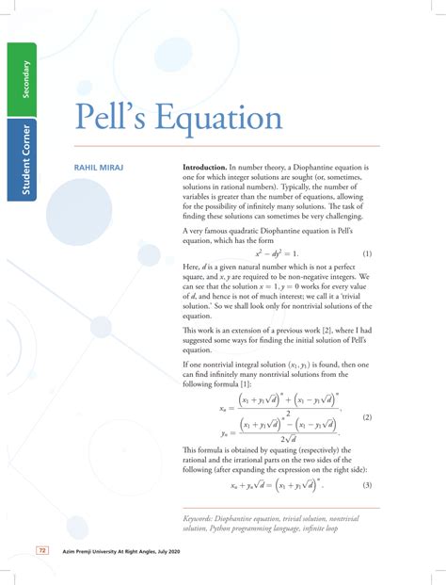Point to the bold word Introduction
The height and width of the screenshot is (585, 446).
[x=208, y=169]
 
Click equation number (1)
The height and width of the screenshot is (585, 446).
[x=367, y=254]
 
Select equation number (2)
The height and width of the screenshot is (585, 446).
[x=367, y=415]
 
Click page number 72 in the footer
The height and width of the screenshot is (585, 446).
[x=41, y=550]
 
